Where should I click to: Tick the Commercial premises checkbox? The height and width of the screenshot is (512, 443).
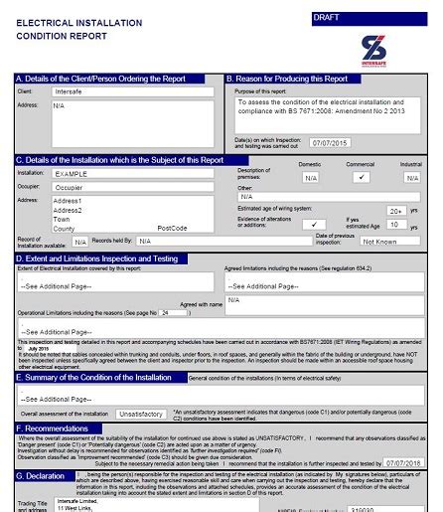362,177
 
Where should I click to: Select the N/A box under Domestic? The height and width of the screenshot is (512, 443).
310,177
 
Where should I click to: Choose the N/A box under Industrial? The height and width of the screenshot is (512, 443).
411,177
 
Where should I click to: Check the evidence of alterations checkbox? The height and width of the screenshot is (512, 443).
317,226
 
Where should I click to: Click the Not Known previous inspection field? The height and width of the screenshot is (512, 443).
379,241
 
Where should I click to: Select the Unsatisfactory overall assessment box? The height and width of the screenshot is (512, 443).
138,411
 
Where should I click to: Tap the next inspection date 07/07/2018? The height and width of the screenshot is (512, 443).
402,463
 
